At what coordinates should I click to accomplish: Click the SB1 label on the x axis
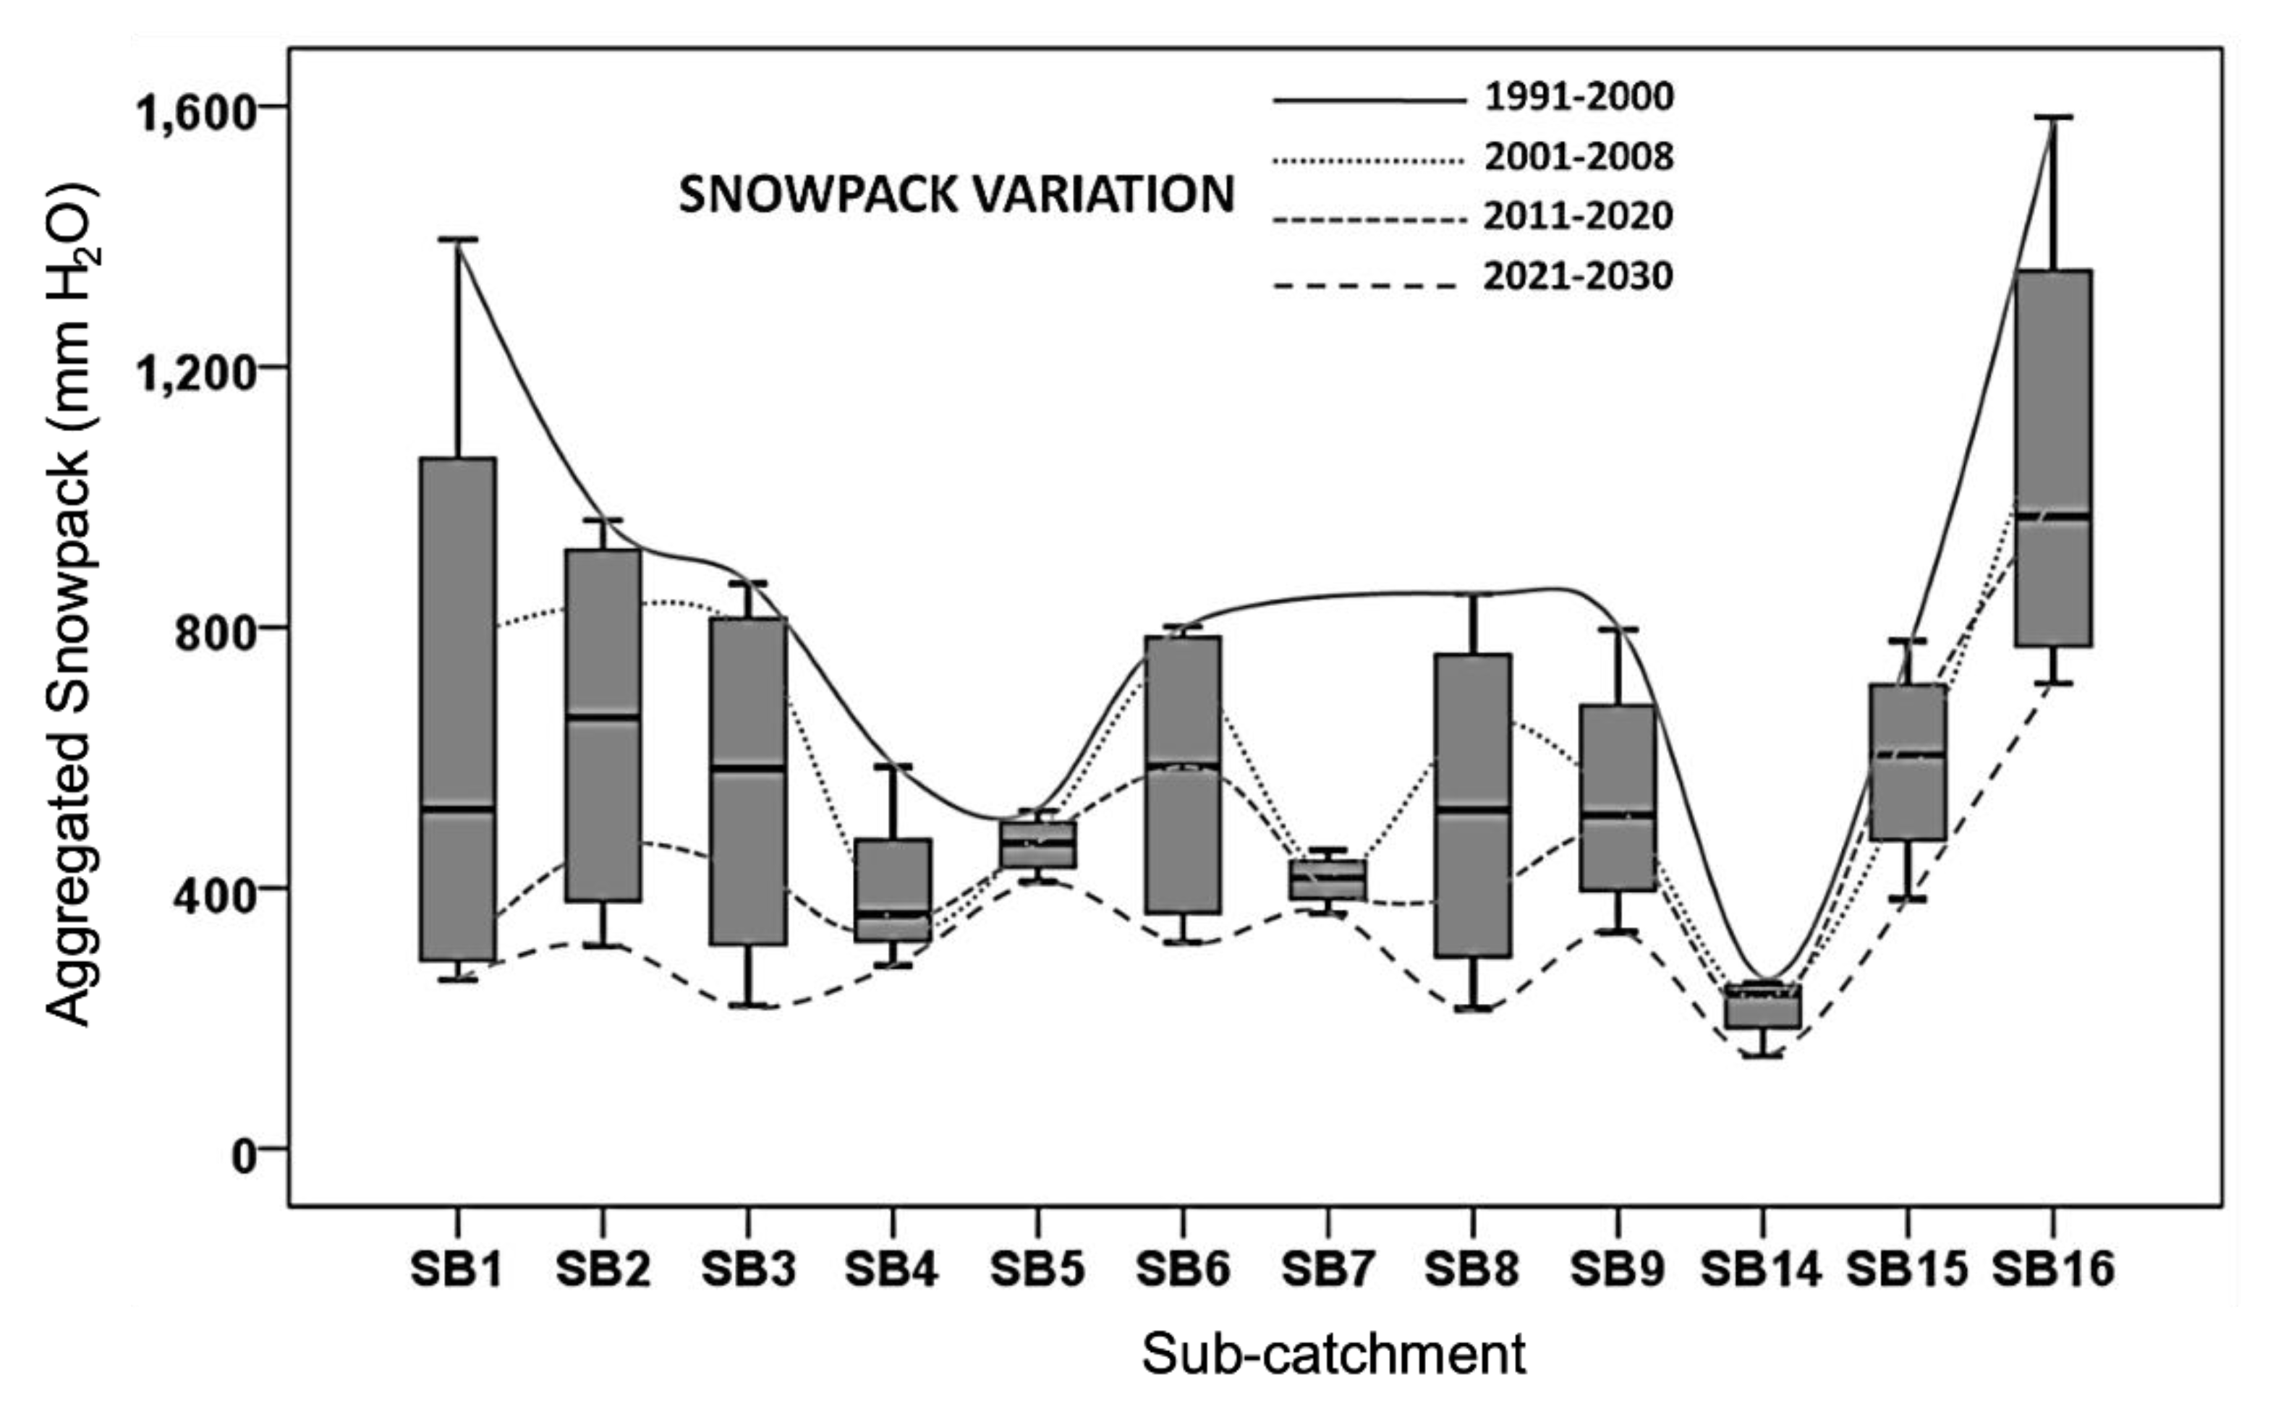[456, 1269]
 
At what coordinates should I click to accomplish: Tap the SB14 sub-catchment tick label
[1760, 1269]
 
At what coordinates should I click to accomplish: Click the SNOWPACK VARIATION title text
[956, 195]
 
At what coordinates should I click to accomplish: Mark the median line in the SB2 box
[603, 716]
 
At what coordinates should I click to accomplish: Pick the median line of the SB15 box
[1908, 754]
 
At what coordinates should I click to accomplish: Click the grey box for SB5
[1037, 844]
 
